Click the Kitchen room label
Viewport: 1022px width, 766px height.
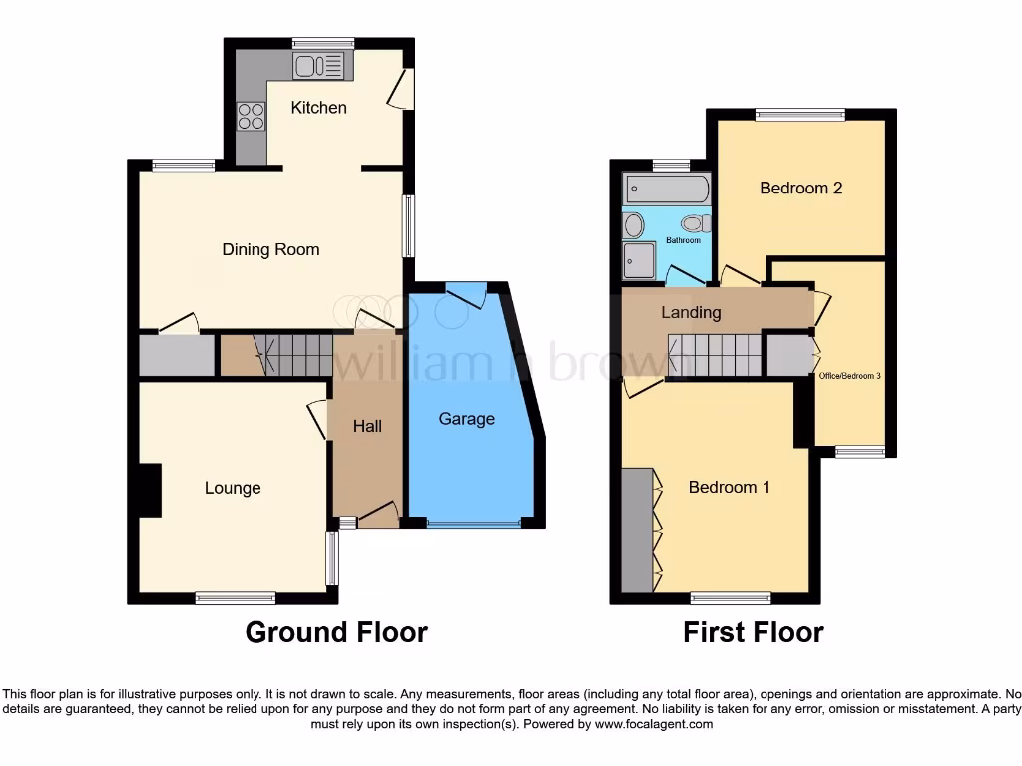click(318, 107)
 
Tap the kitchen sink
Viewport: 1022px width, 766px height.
click(318, 66)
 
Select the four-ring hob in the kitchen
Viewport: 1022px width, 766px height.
click(251, 117)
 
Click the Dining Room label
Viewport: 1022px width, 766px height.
click(270, 249)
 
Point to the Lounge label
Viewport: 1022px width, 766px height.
click(233, 488)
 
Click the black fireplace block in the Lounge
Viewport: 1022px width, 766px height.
click(149, 491)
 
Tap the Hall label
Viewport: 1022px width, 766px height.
click(367, 426)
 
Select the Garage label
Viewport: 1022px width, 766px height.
click(467, 419)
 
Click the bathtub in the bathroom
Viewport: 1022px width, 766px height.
click(666, 189)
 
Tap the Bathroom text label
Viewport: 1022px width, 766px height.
click(683, 240)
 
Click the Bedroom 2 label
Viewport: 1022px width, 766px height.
click(800, 188)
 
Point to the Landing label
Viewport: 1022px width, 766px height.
click(691, 312)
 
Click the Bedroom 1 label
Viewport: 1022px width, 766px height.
click(729, 487)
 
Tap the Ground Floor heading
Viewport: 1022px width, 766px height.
click(336, 632)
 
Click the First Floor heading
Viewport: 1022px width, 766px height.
click(753, 632)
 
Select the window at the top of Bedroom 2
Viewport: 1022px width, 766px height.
click(799, 115)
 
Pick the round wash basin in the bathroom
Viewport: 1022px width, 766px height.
click(634, 226)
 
